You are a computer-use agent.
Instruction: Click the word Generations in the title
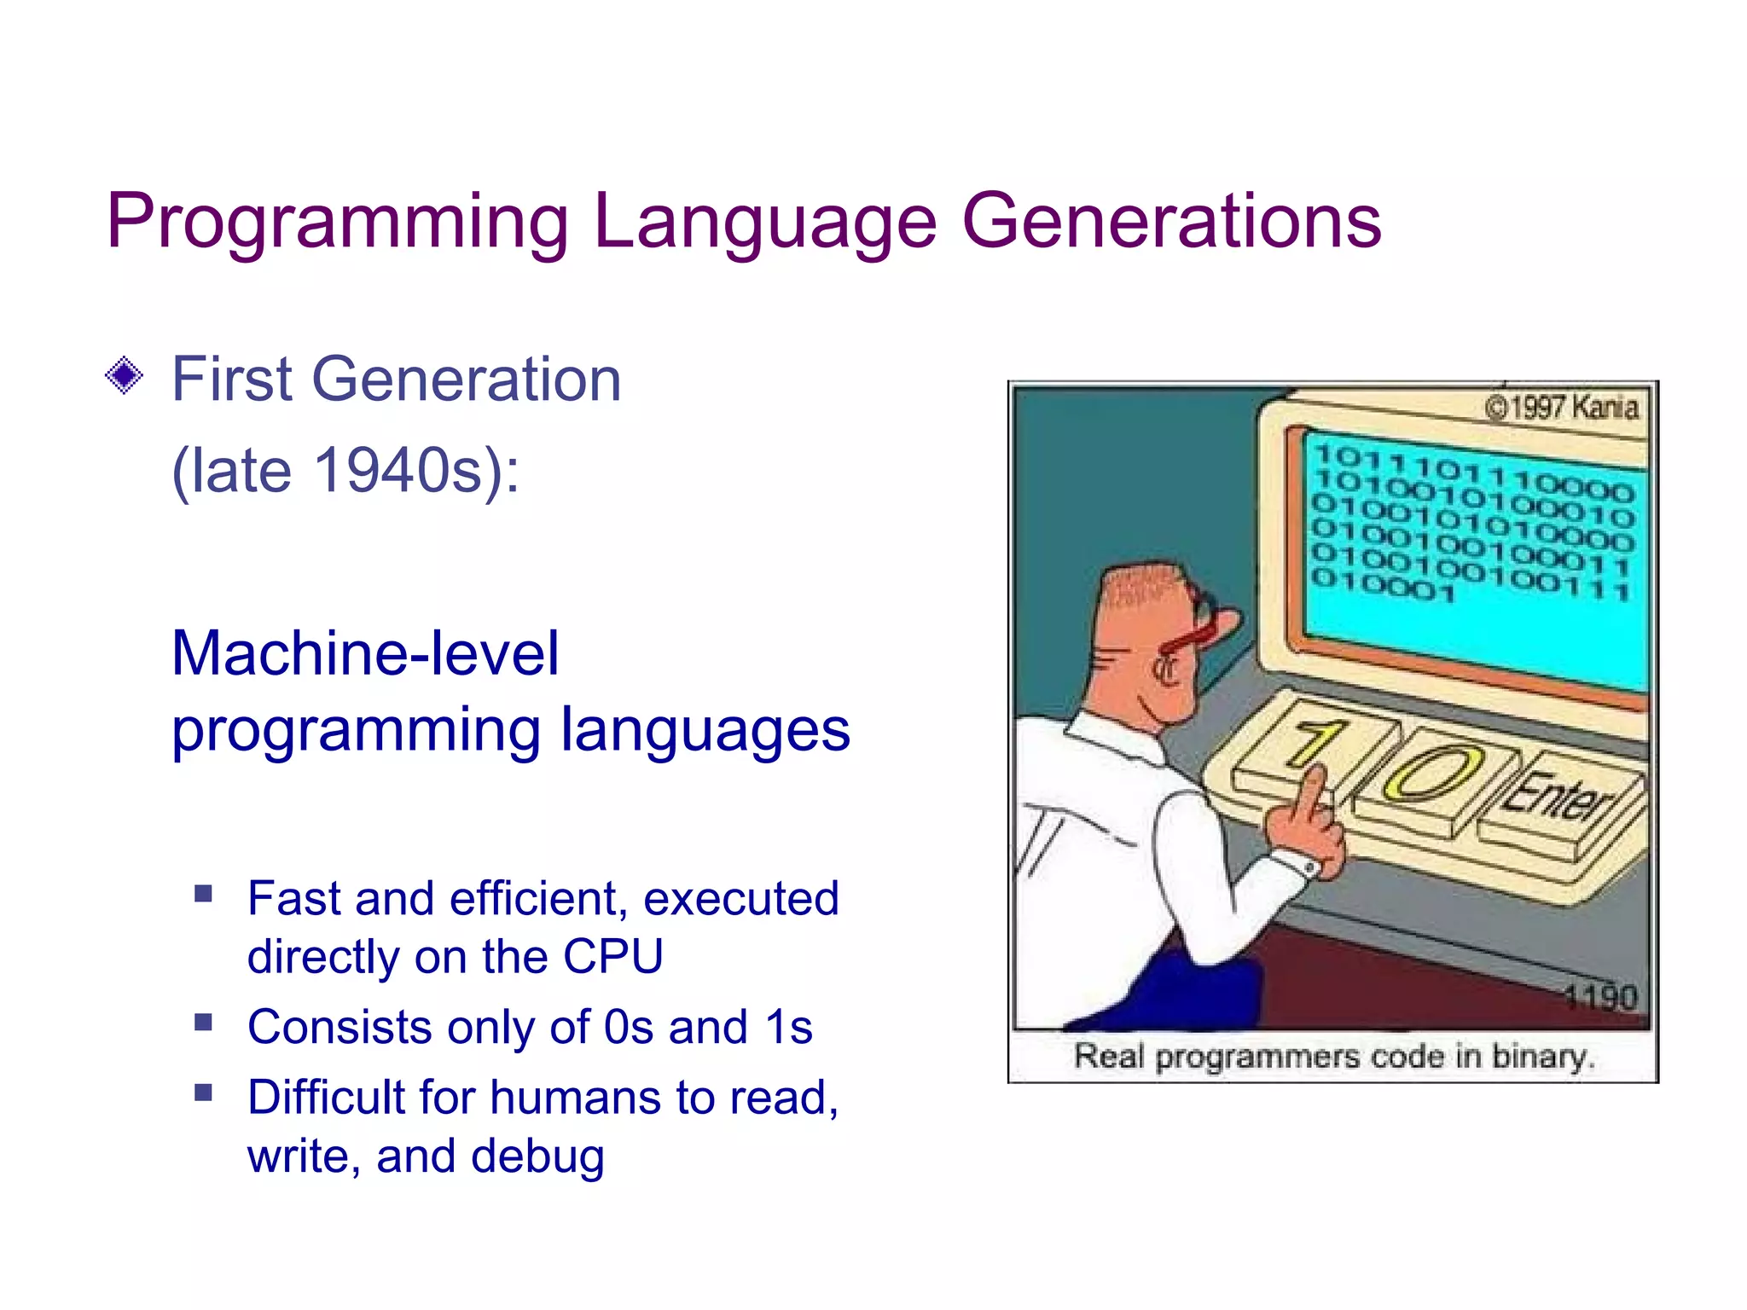[x=1170, y=222]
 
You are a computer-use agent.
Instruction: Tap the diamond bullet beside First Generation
[x=125, y=375]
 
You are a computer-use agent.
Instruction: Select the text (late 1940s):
[x=345, y=471]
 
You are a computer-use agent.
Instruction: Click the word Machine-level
[x=365, y=653]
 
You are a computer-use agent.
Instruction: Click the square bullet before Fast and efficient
[x=203, y=894]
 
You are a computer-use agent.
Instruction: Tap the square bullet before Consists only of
[x=203, y=1022]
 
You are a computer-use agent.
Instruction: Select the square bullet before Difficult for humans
[x=203, y=1093]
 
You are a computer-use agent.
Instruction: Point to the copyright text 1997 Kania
[x=1563, y=408]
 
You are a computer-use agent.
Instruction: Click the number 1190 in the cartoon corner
[x=1600, y=996]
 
